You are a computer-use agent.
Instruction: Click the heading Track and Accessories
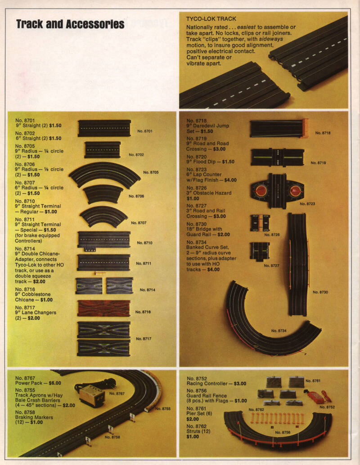(x=70, y=24)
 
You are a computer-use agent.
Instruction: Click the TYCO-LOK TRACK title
(x=211, y=19)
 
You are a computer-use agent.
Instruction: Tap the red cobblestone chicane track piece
(x=103, y=308)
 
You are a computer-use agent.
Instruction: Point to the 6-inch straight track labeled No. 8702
(x=102, y=149)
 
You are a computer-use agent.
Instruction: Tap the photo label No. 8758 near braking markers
(x=113, y=437)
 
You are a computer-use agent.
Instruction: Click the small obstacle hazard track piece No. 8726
(x=260, y=223)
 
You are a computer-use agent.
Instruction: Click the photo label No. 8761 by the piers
(x=313, y=381)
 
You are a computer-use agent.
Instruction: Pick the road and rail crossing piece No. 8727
(x=260, y=251)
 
